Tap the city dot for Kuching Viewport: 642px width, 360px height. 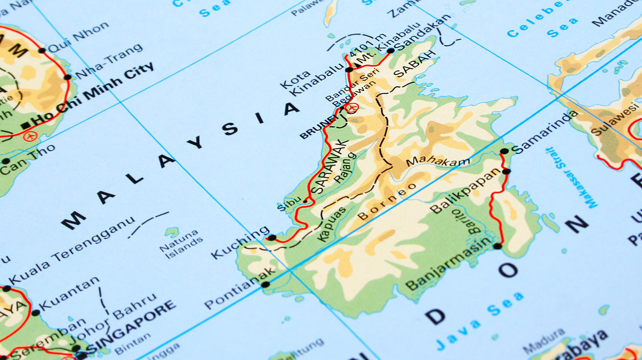click(x=272, y=238)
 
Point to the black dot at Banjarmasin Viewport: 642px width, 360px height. click(x=497, y=246)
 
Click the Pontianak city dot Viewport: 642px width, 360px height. click(x=266, y=284)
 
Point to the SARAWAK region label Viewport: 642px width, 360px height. click(x=329, y=167)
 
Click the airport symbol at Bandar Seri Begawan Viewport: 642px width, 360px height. click(x=352, y=108)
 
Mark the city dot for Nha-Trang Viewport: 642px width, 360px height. click(x=68, y=77)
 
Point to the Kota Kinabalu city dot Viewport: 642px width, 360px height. click(x=349, y=69)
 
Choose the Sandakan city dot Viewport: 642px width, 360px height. click(x=391, y=51)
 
